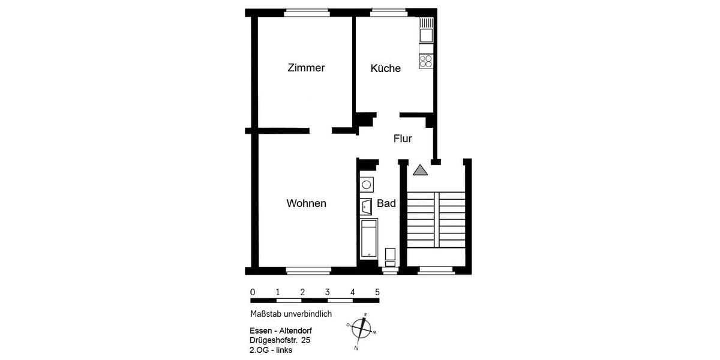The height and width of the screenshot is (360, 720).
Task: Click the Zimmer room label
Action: tap(306, 68)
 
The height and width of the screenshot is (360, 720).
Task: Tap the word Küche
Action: tap(385, 68)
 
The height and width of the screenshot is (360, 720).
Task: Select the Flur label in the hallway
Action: tap(403, 139)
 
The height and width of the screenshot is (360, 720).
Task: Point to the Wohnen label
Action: tap(306, 203)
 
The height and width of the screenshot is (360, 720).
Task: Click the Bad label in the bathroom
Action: tap(386, 203)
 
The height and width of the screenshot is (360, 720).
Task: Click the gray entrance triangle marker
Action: tap(420, 170)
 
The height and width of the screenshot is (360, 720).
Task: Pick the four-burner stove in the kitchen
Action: tap(426, 61)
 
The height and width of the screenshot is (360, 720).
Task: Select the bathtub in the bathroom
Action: tap(368, 239)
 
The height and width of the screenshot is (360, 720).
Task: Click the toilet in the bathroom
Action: tap(390, 256)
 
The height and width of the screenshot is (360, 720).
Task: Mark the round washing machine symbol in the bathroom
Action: tap(367, 184)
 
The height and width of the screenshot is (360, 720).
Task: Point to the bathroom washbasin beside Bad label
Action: tap(367, 206)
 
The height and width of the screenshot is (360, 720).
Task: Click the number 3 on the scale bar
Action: tap(328, 292)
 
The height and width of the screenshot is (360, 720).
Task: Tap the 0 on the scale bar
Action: tap(253, 292)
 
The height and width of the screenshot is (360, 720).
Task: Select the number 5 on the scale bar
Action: tap(377, 292)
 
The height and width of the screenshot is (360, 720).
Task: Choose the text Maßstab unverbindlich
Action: tap(291, 314)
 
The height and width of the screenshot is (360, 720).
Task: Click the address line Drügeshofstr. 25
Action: tap(280, 340)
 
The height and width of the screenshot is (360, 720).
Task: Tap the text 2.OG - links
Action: tap(271, 350)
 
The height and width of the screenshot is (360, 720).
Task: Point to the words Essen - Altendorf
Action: tap(281, 331)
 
